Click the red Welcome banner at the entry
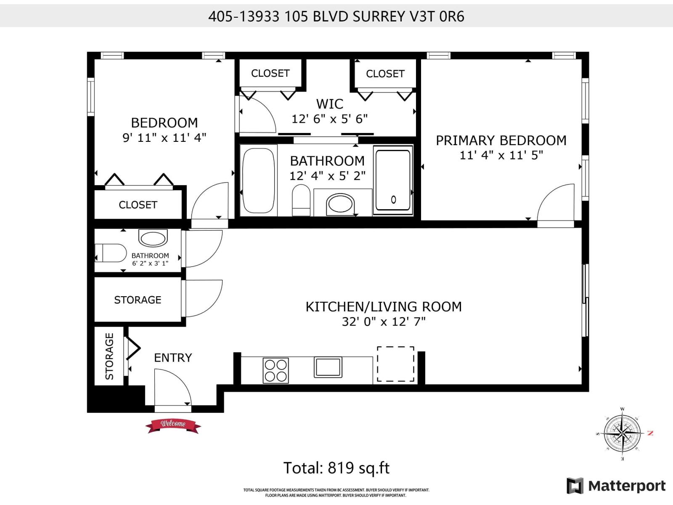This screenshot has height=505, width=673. tap(173, 425)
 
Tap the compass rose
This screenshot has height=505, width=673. tap(623, 433)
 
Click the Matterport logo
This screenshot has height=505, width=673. tap(617, 486)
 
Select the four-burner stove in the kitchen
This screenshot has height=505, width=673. tap(276, 370)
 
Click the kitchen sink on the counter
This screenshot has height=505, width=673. tap(328, 367)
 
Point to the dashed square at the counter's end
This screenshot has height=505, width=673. tap(395, 364)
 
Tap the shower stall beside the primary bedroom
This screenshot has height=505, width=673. tap(393, 180)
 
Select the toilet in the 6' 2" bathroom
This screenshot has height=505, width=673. tap(111, 253)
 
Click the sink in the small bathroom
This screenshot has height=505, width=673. tap(153, 238)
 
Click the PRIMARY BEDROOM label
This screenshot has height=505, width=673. tap(501, 141)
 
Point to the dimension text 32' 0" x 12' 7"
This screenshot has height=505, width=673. tap(383, 322)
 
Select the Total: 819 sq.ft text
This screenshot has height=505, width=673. tap(336, 468)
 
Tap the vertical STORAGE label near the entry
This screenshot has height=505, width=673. tap(109, 356)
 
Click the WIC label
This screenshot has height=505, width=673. tap(329, 104)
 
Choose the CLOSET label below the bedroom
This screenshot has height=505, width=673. tap(138, 205)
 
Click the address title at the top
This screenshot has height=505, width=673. tap(336, 16)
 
